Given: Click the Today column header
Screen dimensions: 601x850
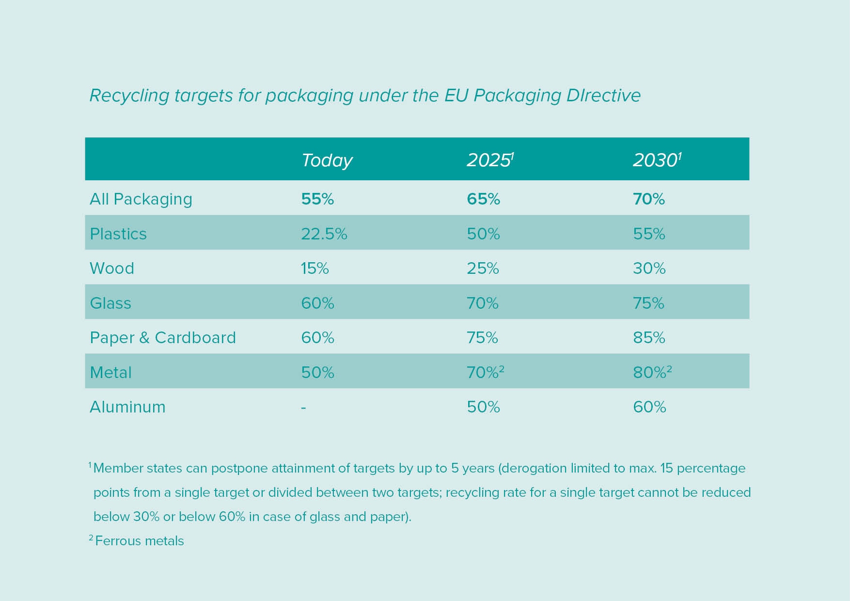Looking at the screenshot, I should (327, 160).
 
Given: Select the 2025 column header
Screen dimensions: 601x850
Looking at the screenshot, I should (489, 160).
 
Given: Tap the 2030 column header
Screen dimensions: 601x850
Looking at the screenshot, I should (656, 160).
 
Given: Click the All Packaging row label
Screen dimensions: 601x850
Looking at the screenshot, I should (141, 199).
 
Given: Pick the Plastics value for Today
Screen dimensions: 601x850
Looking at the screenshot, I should (324, 234).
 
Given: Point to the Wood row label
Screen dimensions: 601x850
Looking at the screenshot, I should (112, 269).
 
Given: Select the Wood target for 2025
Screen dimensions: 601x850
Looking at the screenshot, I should (483, 269).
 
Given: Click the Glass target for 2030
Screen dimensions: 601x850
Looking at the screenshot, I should (648, 303).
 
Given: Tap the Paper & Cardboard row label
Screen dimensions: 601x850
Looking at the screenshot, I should (163, 338).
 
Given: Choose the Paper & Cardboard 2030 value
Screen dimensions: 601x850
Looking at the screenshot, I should (649, 338).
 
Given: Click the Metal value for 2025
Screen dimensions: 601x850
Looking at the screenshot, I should (485, 372).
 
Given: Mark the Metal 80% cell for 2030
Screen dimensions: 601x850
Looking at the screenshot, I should (651, 372).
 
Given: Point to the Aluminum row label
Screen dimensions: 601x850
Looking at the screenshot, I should (127, 407).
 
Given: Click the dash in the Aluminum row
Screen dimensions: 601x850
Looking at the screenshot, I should (303, 407).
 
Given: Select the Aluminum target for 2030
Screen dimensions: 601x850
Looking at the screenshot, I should (649, 407).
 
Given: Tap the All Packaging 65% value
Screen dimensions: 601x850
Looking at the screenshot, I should (483, 199).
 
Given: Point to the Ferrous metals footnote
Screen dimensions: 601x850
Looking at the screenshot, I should (139, 541).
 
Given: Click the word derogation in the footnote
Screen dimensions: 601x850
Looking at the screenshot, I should (535, 468).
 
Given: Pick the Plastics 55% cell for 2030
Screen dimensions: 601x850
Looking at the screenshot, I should (649, 234).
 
